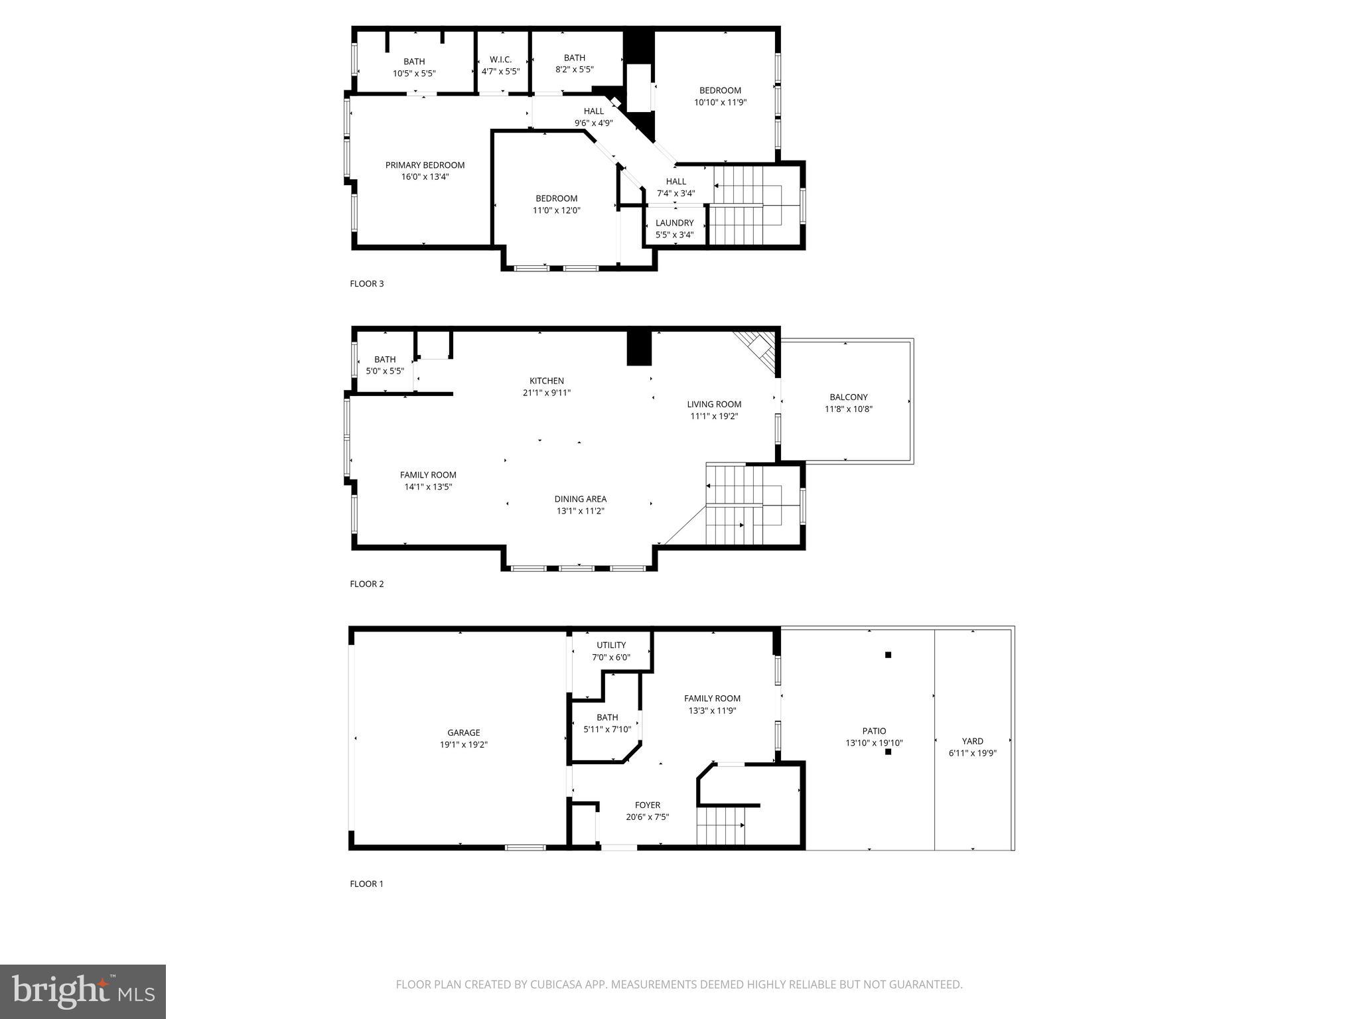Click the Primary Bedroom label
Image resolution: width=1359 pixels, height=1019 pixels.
tap(425, 165)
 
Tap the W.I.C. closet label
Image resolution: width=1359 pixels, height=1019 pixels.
tap(500, 59)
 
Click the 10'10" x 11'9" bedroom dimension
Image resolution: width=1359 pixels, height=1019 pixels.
tap(720, 103)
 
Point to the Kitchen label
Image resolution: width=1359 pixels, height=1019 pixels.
tap(546, 381)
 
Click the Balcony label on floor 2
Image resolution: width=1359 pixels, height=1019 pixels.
tap(848, 397)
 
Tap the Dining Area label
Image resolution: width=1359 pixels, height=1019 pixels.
tap(580, 499)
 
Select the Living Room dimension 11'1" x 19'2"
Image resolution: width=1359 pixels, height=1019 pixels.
tap(714, 417)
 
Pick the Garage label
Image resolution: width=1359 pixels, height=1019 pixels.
tap(463, 732)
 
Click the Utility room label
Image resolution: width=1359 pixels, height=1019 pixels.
tap(610, 645)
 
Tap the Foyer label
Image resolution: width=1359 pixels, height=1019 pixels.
tap(647, 805)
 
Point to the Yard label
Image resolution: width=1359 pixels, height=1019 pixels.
tap(972, 741)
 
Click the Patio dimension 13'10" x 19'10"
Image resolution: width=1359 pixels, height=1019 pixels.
tap(874, 744)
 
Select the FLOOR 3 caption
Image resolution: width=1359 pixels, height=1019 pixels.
tap(366, 284)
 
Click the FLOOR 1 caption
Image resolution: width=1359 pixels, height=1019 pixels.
tap(366, 884)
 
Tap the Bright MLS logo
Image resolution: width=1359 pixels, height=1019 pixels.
tap(83, 992)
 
